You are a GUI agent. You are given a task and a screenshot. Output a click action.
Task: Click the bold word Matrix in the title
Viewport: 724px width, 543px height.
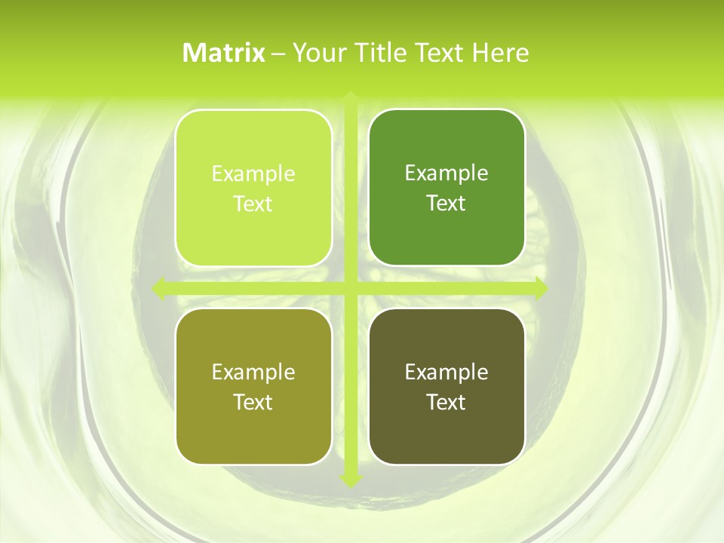coord(224,53)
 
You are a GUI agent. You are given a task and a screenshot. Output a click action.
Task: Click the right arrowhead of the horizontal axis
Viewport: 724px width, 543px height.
coord(540,288)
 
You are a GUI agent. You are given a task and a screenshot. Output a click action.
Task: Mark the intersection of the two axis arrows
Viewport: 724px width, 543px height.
coord(351,288)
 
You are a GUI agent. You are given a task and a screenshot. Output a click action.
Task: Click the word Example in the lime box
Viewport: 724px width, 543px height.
coord(253,174)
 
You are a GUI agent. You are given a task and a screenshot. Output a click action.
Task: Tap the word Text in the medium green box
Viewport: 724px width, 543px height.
coord(446,204)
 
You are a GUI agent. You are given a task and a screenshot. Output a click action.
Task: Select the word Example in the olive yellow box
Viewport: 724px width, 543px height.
coord(253,373)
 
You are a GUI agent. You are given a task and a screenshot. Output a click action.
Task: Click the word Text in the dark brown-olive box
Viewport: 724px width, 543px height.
coord(446,403)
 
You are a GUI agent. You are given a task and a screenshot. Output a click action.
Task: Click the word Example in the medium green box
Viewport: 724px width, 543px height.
coord(446,173)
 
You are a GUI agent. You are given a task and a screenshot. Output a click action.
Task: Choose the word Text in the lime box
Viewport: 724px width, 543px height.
coord(253,204)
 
